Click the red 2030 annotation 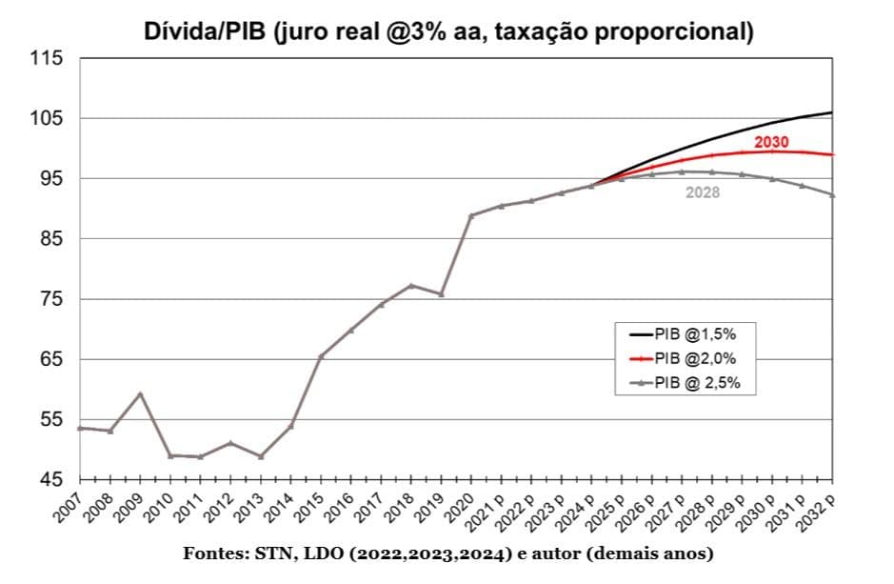pos(772,142)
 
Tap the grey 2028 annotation pos(703,192)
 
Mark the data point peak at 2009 pos(141,393)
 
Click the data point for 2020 pos(471,215)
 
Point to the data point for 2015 pos(321,356)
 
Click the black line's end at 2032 pos(832,112)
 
